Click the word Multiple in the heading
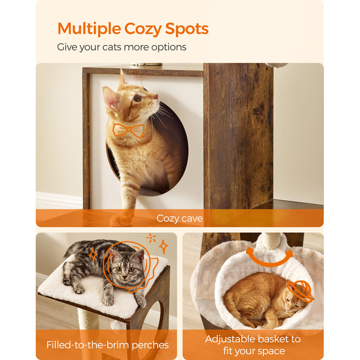[x=89, y=29]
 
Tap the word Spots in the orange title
[x=186, y=29]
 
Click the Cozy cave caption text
[x=180, y=218]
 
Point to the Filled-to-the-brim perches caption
[x=107, y=345]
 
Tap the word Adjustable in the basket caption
[x=230, y=339]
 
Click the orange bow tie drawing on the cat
[x=129, y=130]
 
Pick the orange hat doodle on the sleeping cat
[x=300, y=291]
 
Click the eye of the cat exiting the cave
[x=137, y=98]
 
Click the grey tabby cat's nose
[x=124, y=278]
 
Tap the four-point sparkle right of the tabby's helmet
[x=164, y=247]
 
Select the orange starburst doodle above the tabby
[x=151, y=238]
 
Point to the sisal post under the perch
[x=87, y=319]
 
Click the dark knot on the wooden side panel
[x=258, y=112]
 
